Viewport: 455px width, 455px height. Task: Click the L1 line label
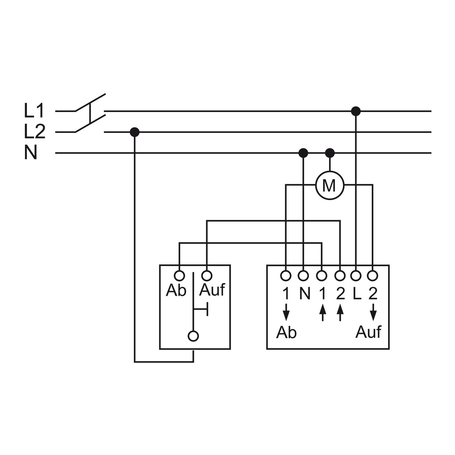(x=34, y=111)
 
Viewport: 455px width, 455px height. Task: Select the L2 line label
(x=35, y=132)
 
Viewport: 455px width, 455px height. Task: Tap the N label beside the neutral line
(x=31, y=152)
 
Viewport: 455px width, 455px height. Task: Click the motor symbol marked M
(x=329, y=185)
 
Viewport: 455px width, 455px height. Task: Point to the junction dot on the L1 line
(x=356, y=111)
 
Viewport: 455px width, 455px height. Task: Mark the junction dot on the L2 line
(x=134, y=132)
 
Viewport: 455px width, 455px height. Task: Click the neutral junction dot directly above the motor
(x=329, y=152)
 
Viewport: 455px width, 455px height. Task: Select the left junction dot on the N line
(x=303, y=152)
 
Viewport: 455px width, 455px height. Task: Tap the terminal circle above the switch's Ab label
(x=179, y=275)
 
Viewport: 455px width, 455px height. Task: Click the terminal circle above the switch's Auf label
(x=207, y=275)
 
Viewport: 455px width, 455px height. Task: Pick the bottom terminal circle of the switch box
(x=193, y=336)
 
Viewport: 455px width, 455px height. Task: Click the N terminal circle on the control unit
(x=303, y=276)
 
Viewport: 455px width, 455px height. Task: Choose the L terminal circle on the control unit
(x=356, y=276)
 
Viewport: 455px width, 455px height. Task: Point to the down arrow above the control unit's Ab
(x=286, y=312)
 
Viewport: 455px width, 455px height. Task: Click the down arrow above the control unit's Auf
(x=373, y=312)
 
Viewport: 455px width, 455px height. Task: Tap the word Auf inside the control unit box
(x=368, y=332)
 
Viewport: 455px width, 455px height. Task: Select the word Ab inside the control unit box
(x=286, y=332)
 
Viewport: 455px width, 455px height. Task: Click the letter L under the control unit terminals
(x=357, y=294)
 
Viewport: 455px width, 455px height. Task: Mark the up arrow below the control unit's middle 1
(x=323, y=312)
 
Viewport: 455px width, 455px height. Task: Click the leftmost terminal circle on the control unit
(x=286, y=276)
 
